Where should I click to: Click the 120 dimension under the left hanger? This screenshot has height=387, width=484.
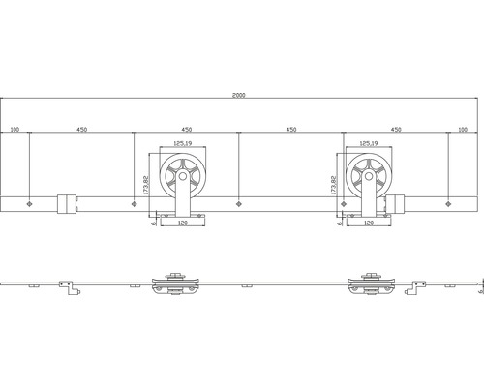point(181,223)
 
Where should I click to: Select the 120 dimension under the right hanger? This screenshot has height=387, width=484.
point(367,223)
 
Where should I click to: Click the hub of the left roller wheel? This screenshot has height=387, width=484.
point(182,176)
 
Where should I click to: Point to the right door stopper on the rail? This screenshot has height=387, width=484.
point(398,203)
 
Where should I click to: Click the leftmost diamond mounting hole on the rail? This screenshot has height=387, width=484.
point(32,203)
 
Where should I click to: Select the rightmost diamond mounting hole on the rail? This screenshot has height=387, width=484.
point(449,203)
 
